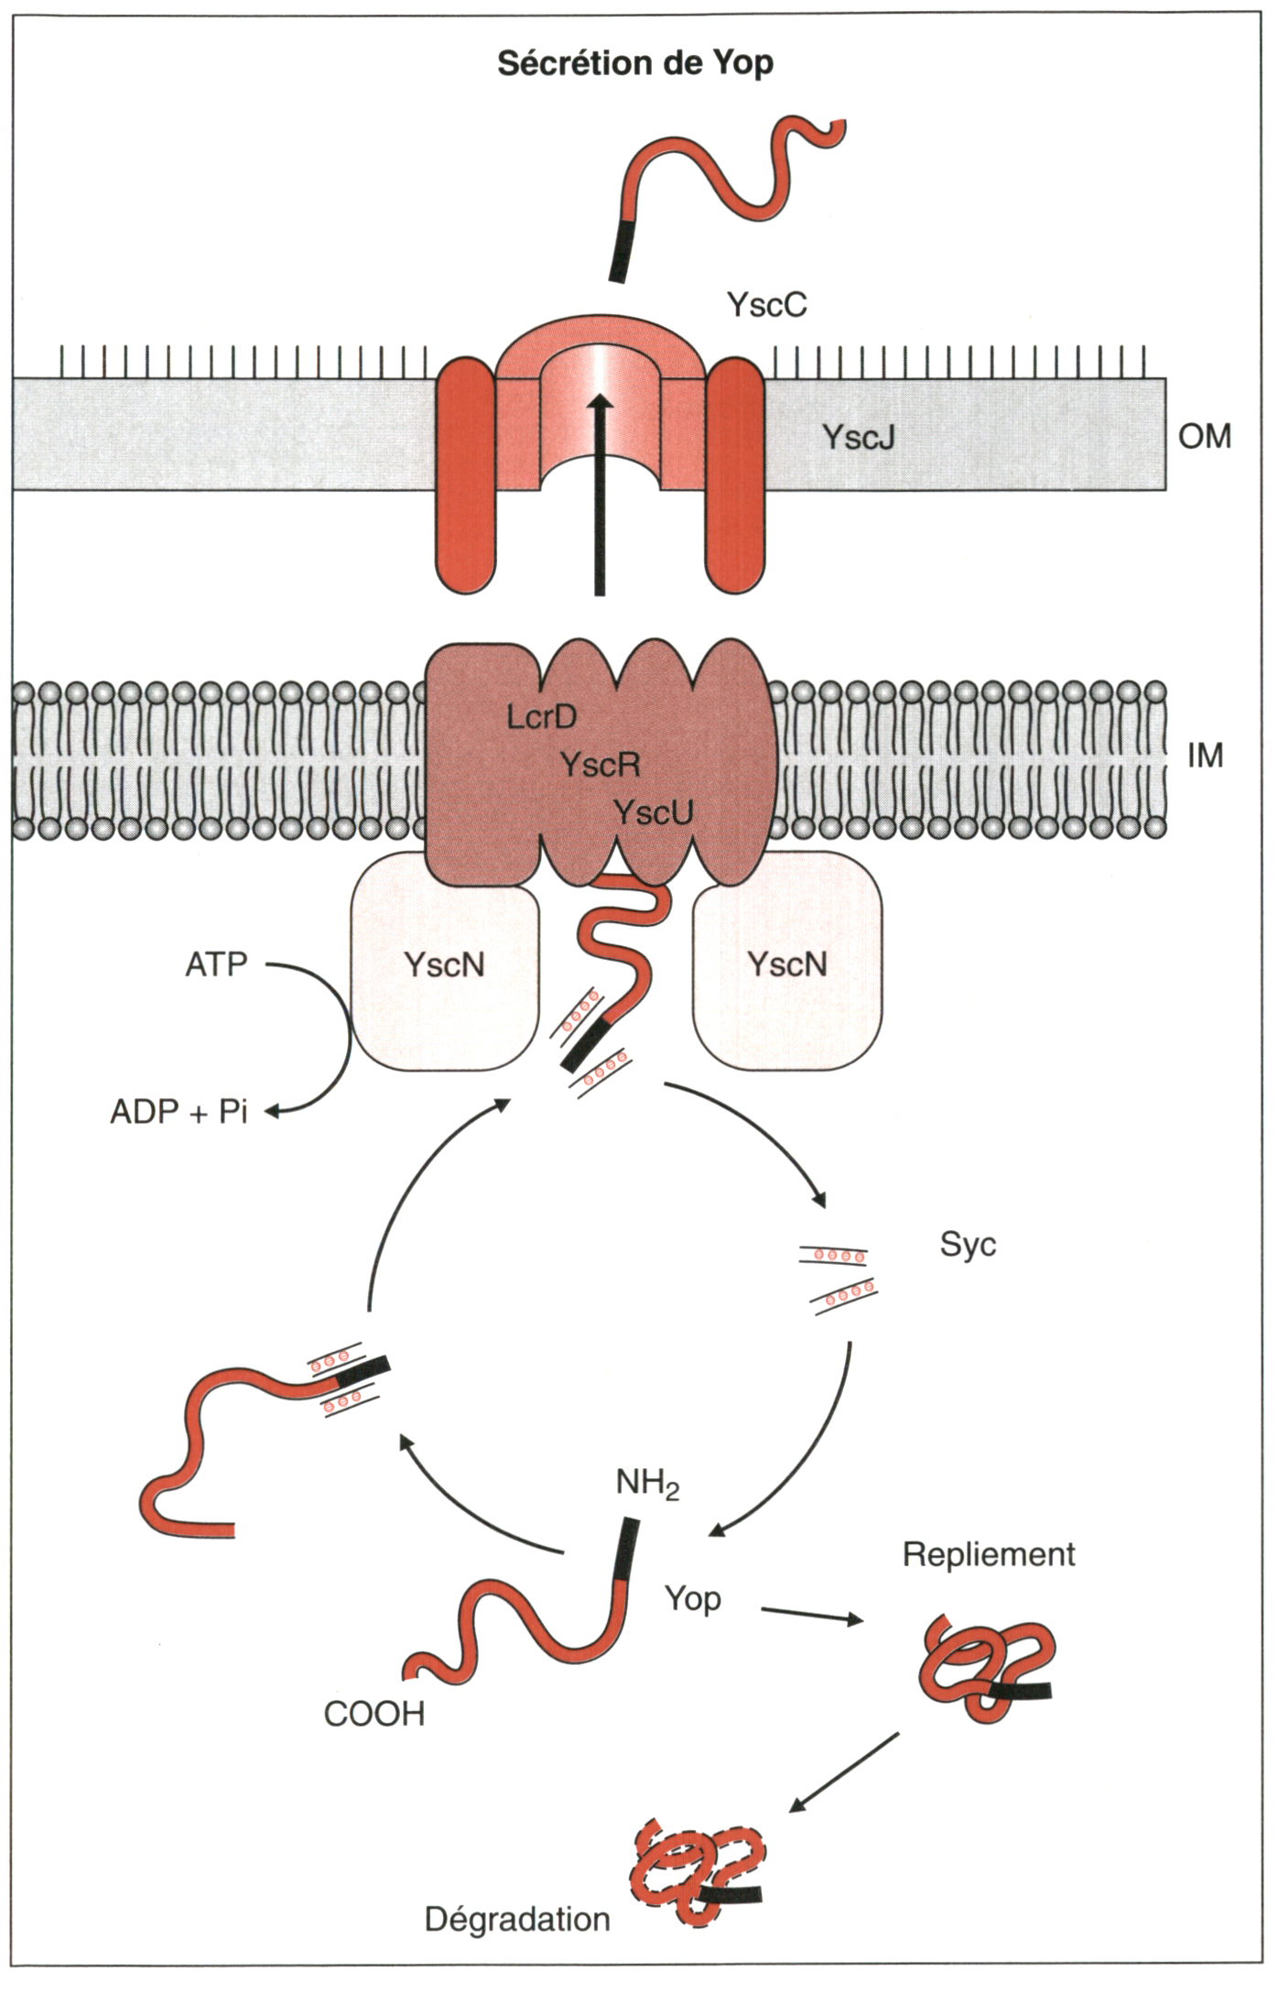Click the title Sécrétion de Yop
(x=634, y=64)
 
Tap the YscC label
(x=766, y=304)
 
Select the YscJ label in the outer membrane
(x=858, y=437)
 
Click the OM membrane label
(x=1204, y=437)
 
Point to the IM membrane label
(x=1205, y=756)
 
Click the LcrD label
(x=542, y=717)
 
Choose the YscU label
(x=653, y=811)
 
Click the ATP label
(x=216, y=965)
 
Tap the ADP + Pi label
(x=179, y=1112)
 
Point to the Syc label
(x=968, y=1245)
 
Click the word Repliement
(x=989, y=1554)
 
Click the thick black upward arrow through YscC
(x=600, y=495)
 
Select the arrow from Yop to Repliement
(x=812, y=1615)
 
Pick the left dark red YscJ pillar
(x=465, y=476)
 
